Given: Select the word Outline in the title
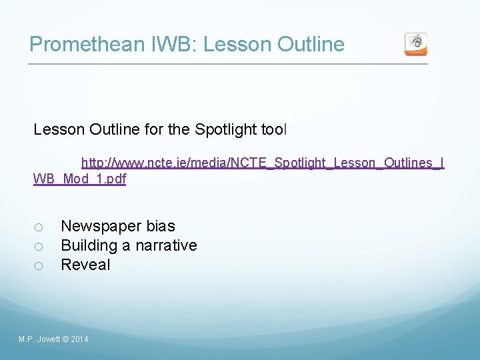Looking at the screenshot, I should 311,45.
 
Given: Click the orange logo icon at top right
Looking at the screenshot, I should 416,44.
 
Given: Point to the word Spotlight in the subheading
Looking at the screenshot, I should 226,129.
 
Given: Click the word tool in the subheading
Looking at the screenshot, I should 273,129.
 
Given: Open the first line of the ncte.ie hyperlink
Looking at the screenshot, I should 263,163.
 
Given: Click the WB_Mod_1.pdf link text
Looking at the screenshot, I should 79,179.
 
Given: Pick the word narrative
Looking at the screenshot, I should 166,245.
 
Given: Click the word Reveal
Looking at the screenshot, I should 85,265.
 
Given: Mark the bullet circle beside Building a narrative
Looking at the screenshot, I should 39,247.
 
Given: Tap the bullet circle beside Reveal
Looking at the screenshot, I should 39,266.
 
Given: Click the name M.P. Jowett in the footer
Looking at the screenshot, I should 39,340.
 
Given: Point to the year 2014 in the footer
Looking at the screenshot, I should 79,340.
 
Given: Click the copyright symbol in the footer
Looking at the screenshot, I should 65,340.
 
